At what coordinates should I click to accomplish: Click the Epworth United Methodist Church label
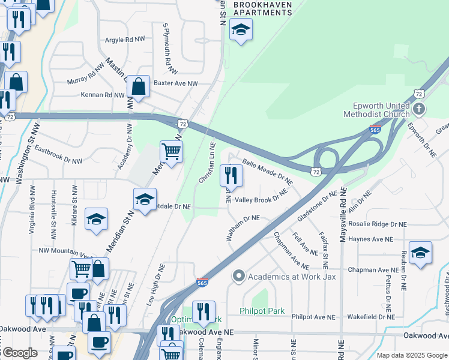point(376,109)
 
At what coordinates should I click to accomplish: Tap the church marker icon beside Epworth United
point(419,109)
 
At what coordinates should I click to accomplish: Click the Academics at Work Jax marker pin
point(239,276)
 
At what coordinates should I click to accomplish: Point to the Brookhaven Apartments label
point(262,8)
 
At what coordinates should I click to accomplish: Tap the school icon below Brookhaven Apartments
point(241,30)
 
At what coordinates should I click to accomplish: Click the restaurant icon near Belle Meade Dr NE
point(231,176)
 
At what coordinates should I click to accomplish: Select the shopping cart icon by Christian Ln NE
point(172,152)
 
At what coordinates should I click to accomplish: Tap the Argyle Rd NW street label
point(125,40)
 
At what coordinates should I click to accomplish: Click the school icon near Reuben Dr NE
point(420,253)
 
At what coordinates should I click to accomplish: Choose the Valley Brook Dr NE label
point(261,199)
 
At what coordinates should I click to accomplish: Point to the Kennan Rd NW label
point(103,95)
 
